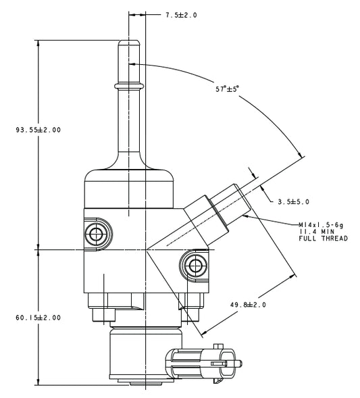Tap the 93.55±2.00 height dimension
click(38, 130)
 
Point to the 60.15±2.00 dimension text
click(38, 318)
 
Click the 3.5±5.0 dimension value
click(293, 201)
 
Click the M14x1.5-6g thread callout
click(323, 225)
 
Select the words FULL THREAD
click(323, 239)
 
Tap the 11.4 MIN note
click(313, 232)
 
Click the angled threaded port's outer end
click(243, 195)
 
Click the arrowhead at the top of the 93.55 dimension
click(38, 42)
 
